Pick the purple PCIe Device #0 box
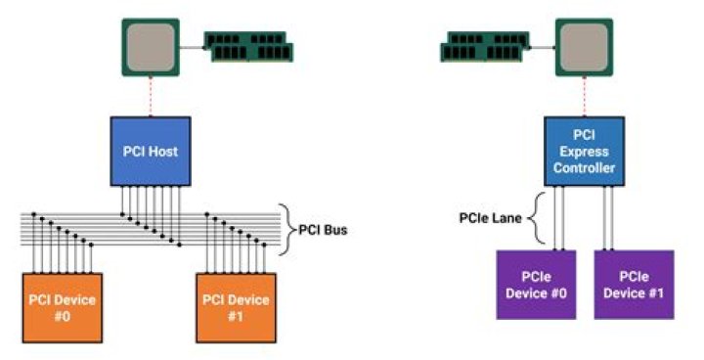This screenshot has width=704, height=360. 535,285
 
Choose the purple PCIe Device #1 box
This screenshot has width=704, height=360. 634,285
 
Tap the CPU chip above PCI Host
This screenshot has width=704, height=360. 150,46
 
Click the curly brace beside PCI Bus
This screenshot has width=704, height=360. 285,231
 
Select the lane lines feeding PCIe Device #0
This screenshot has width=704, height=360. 559,220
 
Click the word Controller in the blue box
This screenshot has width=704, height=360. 584,168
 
